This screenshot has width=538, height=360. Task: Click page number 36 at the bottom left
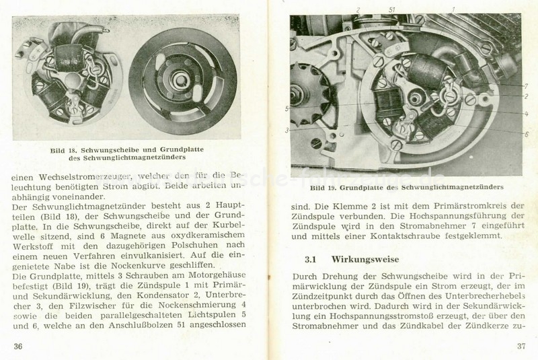(17, 345)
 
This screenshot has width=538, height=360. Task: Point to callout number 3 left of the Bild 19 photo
(286, 129)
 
